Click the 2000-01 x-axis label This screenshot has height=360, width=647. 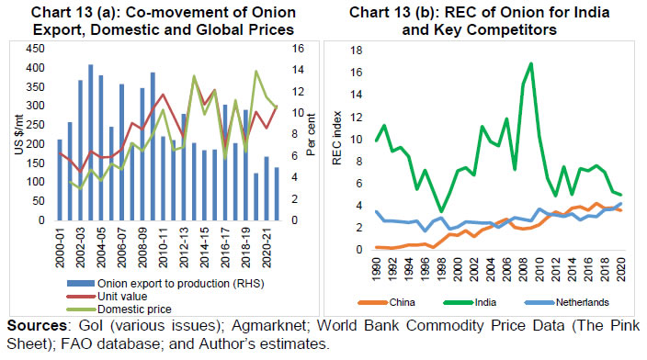(x=61, y=243)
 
